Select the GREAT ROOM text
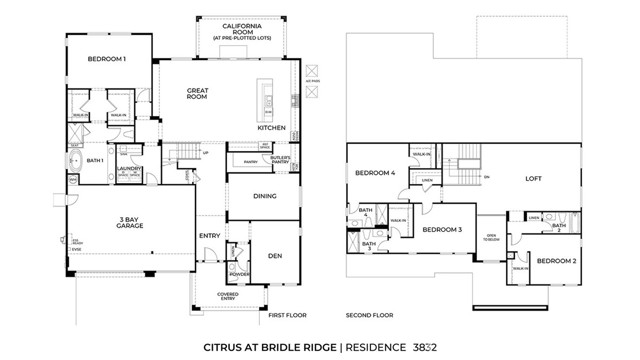tap(197, 94)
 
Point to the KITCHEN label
tap(272, 128)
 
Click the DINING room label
tap(264, 196)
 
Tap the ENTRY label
tap(210, 236)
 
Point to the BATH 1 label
tap(95, 160)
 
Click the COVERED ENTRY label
tap(228, 296)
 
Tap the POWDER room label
tap(239, 274)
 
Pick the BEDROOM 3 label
tap(441, 230)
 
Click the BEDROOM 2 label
tap(556, 261)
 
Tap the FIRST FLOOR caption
tap(288, 315)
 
